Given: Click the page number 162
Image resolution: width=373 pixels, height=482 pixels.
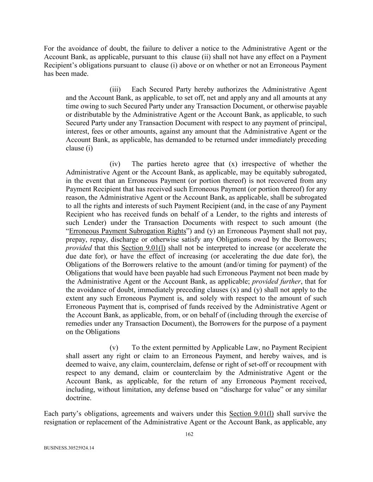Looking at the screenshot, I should click(x=189, y=434).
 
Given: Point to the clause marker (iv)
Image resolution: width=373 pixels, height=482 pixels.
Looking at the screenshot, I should click(x=115, y=164).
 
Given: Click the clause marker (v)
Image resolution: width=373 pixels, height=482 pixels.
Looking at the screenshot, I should click(x=114, y=347).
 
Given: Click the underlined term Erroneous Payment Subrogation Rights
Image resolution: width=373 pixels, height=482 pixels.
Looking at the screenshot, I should click(x=127, y=231).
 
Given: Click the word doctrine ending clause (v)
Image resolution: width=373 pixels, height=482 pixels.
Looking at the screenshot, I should click(x=78, y=398).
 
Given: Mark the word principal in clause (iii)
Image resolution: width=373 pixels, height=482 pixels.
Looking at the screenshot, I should click(x=313, y=123).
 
